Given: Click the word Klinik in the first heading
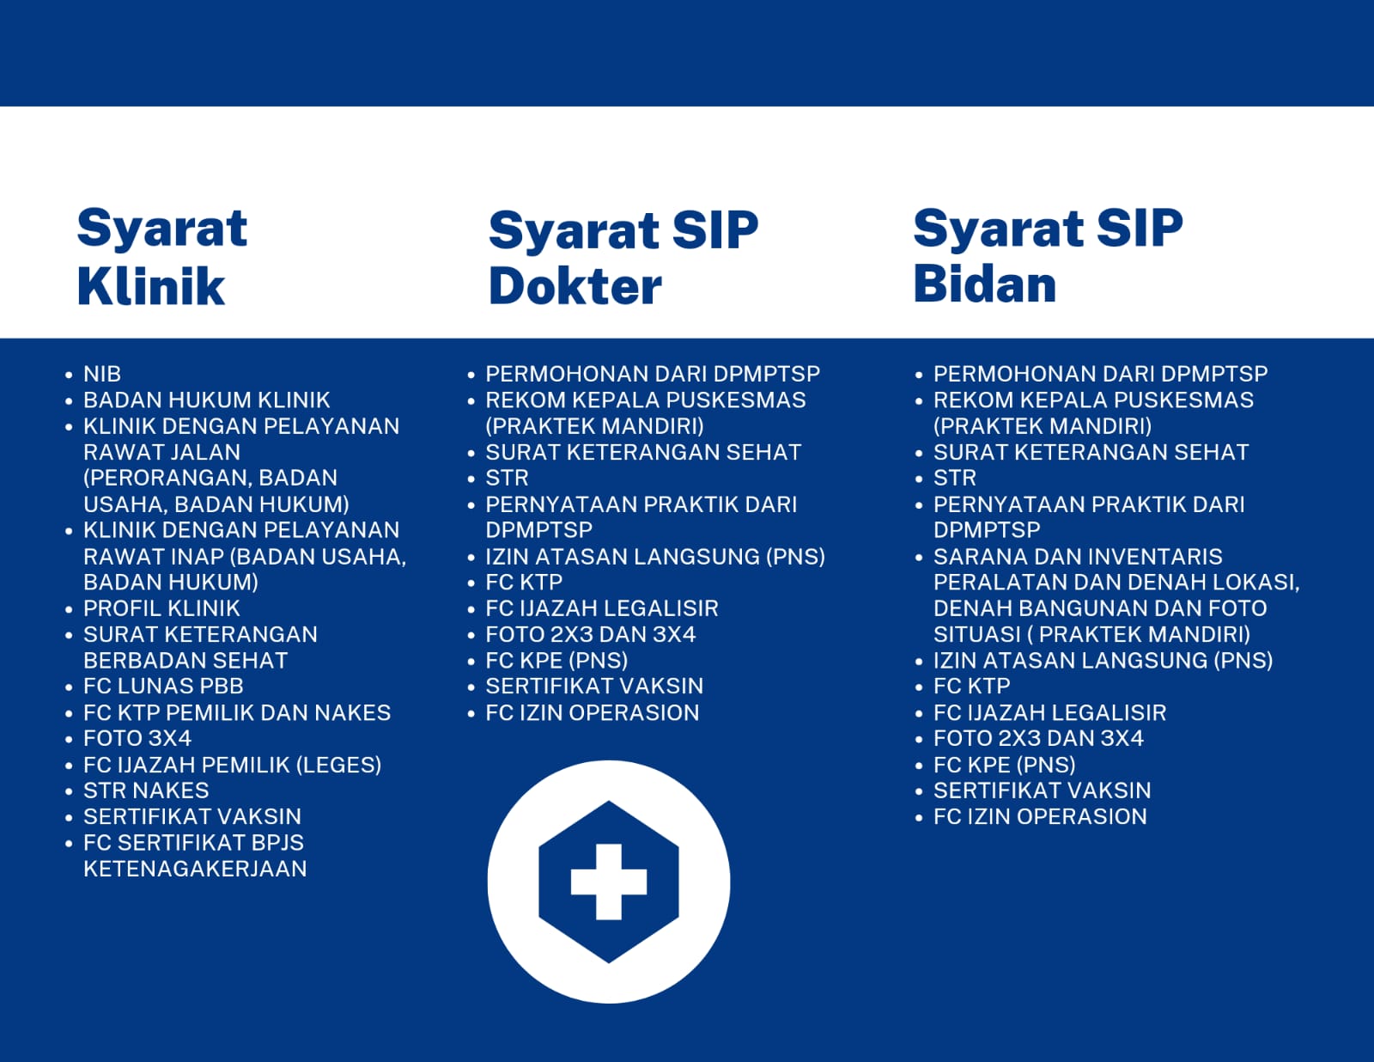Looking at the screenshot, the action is [x=151, y=286].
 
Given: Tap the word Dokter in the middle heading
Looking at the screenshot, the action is [x=575, y=286].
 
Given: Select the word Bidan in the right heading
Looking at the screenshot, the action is [x=984, y=284].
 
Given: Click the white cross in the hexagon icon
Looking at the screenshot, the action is [x=608, y=881].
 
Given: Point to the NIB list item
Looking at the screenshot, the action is [x=102, y=374].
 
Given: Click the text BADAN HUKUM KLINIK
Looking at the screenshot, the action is [x=207, y=400].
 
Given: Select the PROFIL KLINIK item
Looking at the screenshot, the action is [x=161, y=607].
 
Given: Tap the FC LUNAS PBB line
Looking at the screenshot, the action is [x=163, y=686].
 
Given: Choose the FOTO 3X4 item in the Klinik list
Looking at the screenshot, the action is [x=137, y=738].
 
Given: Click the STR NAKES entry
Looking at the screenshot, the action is [x=146, y=790].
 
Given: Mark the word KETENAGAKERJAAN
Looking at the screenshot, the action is [x=195, y=869].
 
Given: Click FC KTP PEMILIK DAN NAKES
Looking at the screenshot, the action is [x=237, y=712].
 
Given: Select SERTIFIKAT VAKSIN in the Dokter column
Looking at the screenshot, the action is [x=594, y=686].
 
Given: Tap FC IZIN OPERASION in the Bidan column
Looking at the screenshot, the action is [x=1040, y=816].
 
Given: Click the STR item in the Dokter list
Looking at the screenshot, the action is [x=508, y=478].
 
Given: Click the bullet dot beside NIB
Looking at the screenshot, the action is [x=69, y=375].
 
